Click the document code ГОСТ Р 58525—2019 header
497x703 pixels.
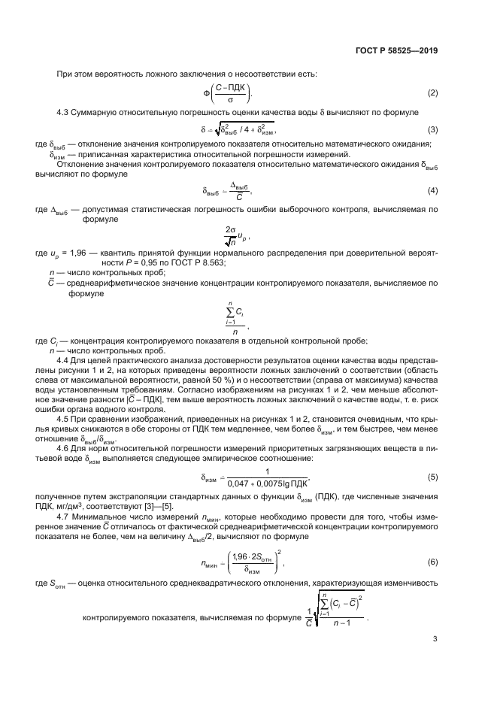click(x=395, y=50)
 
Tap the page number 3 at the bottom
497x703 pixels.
click(x=435, y=640)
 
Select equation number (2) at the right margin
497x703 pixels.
click(x=432, y=93)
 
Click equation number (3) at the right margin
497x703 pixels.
click(x=432, y=129)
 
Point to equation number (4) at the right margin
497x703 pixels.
click(x=432, y=191)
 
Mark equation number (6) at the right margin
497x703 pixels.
click(x=432, y=562)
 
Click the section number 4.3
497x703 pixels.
click(x=65, y=112)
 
